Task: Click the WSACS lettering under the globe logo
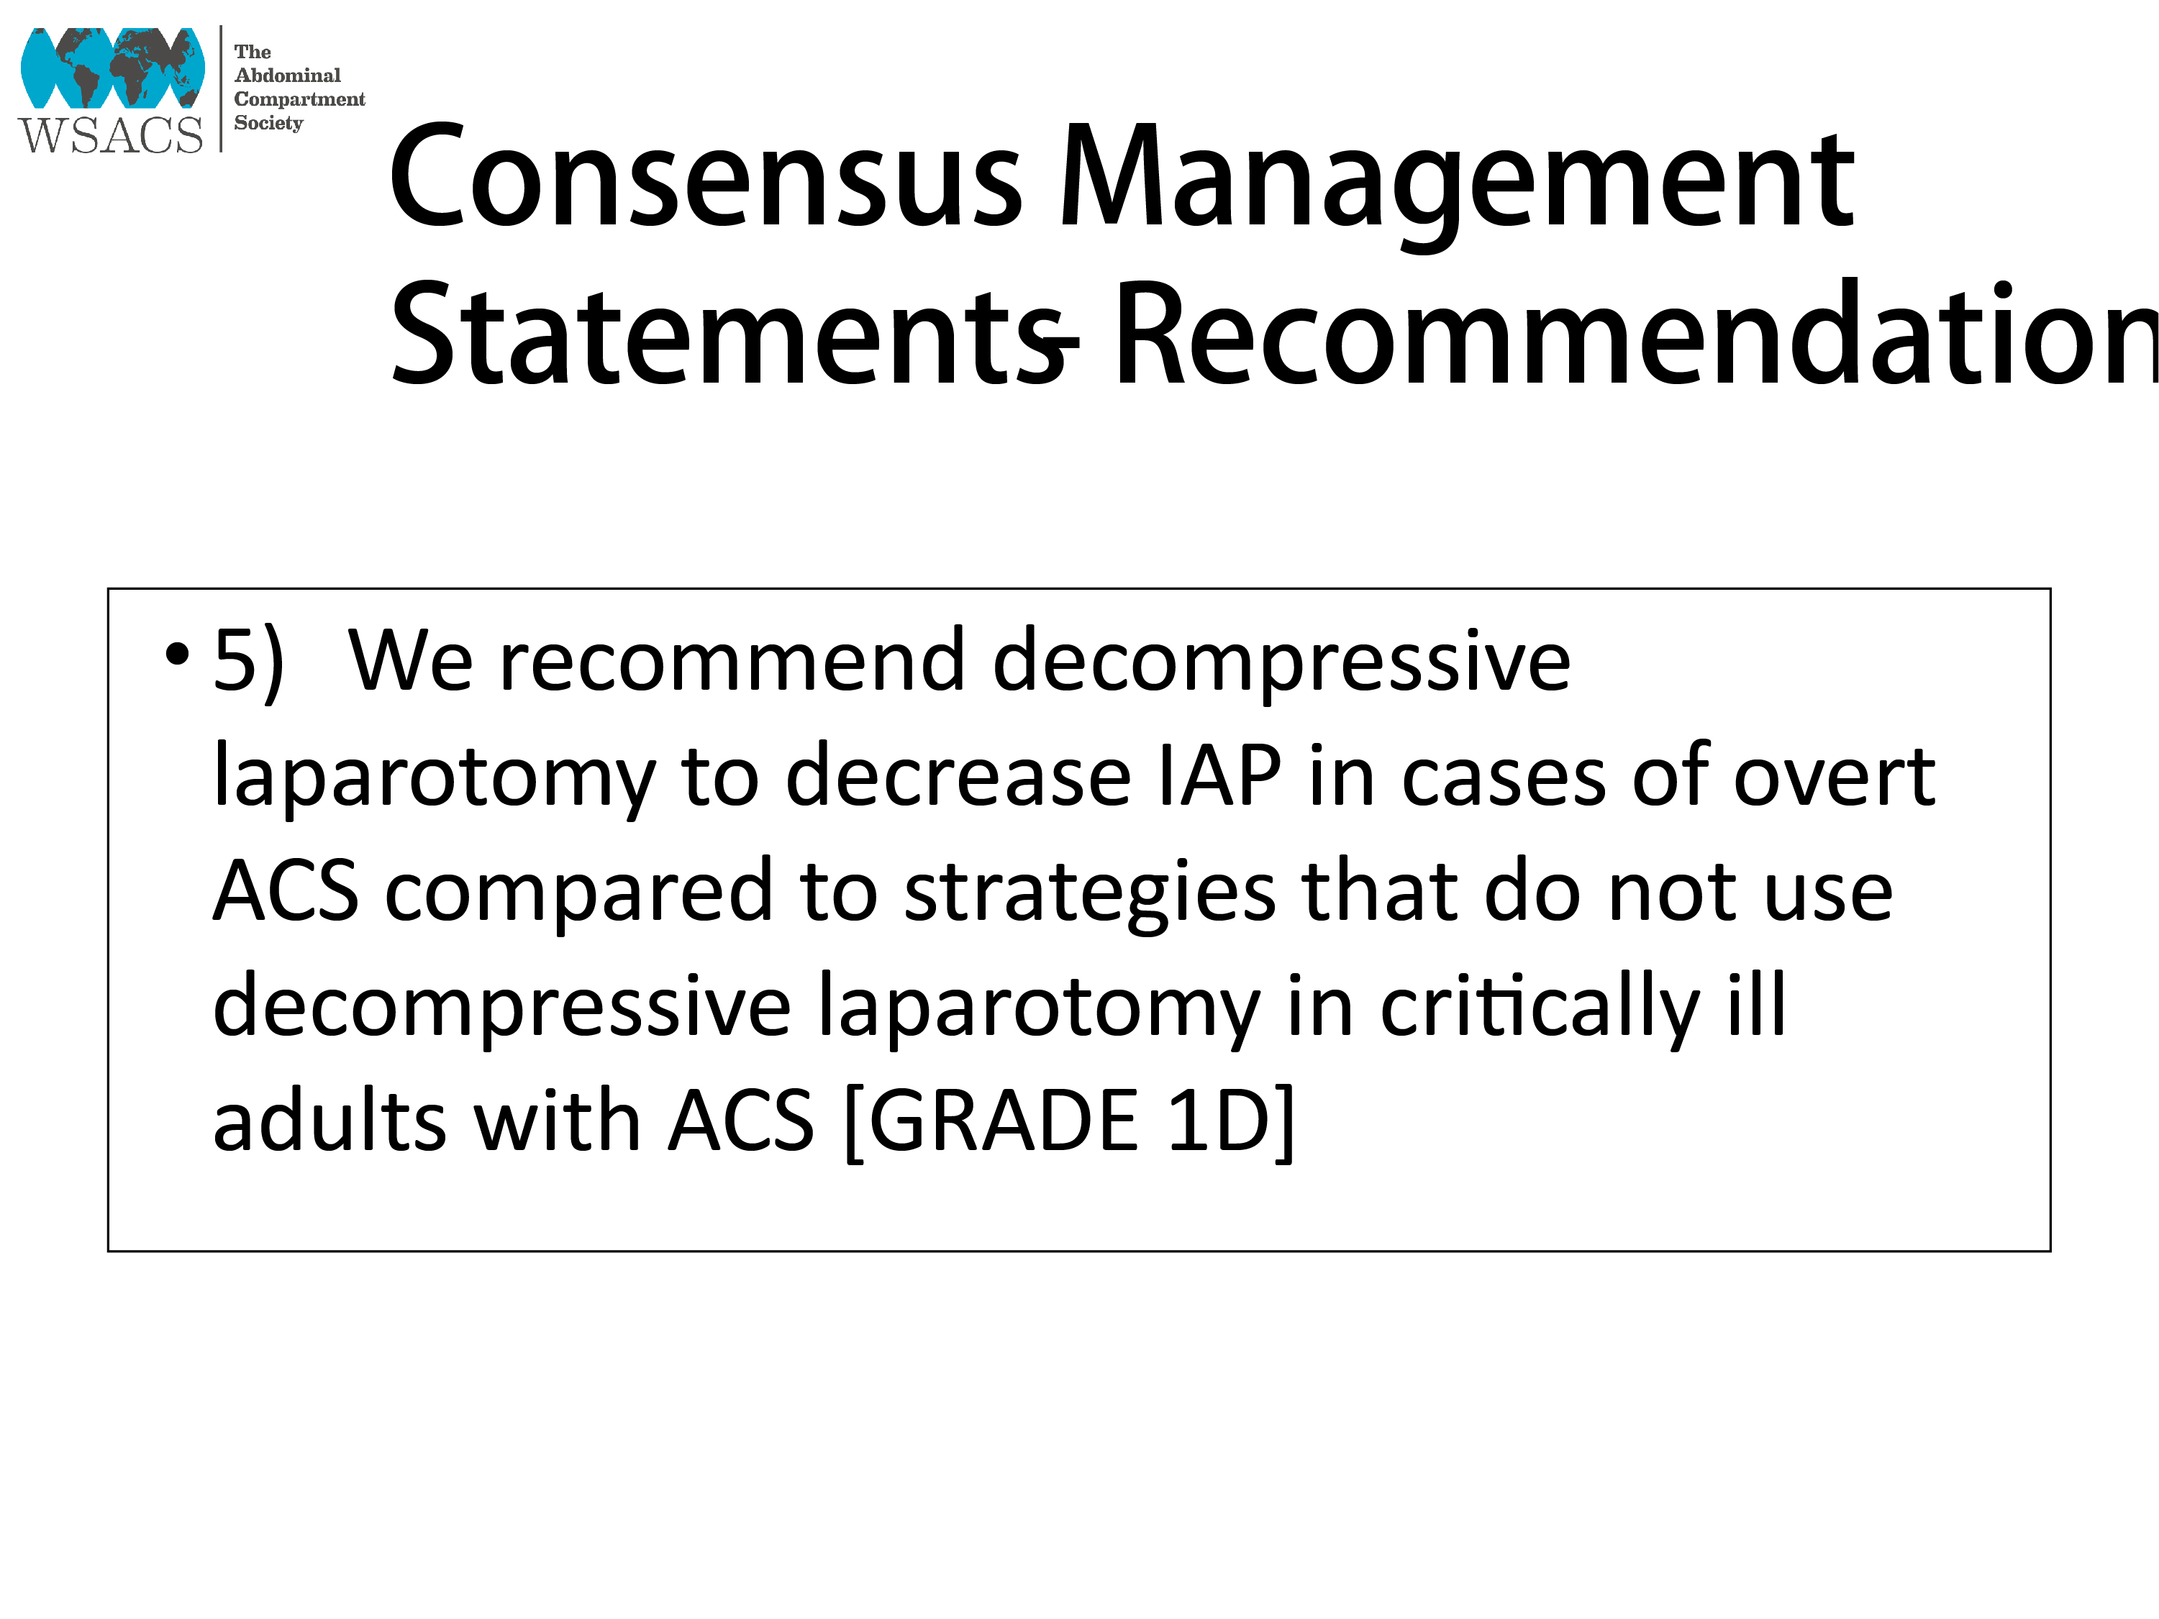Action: click(x=110, y=134)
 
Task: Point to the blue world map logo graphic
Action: click(x=112, y=68)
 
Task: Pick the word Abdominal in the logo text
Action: click(x=288, y=75)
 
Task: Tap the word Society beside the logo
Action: click(x=268, y=123)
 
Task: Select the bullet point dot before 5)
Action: click(x=177, y=655)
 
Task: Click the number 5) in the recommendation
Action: click(x=249, y=662)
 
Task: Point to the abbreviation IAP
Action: click(x=1219, y=777)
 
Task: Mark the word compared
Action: click(x=579, y=894)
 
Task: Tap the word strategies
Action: click(x=1089, y=894)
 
